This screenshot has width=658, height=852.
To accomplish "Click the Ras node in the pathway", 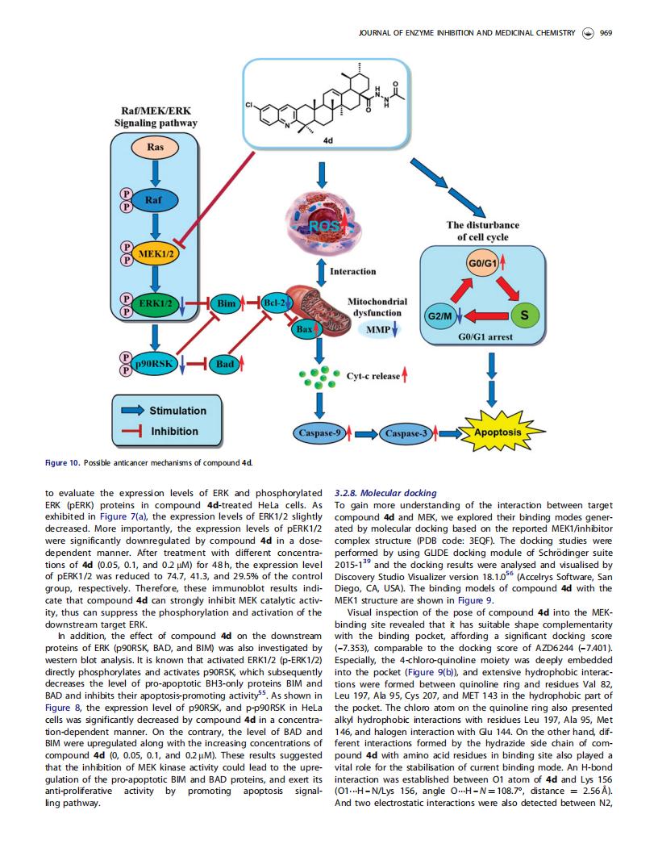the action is (x=156, y=148).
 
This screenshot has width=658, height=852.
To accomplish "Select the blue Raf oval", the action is (x=154, y=200).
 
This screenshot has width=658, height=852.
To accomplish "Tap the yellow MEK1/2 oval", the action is (x=156, y=253).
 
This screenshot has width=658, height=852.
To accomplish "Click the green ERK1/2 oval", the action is (x=155, y=303).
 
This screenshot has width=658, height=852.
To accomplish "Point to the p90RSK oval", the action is (x=155, y=363).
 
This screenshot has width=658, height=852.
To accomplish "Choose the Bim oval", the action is (x=226, y=303).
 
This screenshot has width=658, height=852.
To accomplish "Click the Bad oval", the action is (x=225, y=364).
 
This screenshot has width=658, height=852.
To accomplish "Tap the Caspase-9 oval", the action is (x=320, y=433).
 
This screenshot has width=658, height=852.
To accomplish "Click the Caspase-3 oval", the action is (x=406, y=433).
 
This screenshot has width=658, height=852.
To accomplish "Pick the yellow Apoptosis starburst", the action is (x=498, y=432).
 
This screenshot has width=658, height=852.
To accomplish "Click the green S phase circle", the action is (x=524, y=315).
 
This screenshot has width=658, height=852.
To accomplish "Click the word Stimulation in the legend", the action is (x=178, y=411).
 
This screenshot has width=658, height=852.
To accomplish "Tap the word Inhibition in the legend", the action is (x=175, y=432).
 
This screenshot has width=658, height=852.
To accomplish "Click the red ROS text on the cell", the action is (x=323, y=225).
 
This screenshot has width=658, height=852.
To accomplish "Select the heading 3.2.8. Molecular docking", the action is (x=385, y=493).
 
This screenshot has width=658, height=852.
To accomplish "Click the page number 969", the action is (x=606, y=33).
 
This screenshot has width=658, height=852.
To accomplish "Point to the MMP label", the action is (x=378, y=330).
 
